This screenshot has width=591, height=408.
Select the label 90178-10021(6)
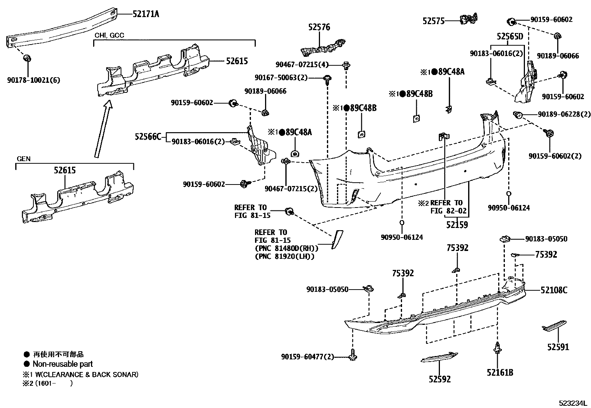[x=33, y=80]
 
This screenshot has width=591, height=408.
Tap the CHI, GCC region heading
[x=109, y=35]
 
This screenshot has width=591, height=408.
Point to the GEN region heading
[x=24, y=159]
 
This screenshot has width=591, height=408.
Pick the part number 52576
[x=319, y=27]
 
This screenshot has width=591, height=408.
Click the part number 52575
[x=433, y=21]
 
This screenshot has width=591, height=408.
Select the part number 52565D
[x=510, y=36]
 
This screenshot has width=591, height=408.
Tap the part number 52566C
[x=148, y=137]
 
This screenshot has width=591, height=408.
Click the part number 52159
[x=457, y=225]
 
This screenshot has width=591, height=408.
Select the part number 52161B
[x=500, y=372]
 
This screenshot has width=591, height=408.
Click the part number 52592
[x=440, y=379]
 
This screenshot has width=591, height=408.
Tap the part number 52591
[x=558, y=347]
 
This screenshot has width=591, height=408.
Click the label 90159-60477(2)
[x=307, y=357]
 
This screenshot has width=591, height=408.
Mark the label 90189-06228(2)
[x=564, y=115]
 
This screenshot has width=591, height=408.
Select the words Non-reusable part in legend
[x=63, y=364]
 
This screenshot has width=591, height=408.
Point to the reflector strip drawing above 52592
[x=440, y=357]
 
